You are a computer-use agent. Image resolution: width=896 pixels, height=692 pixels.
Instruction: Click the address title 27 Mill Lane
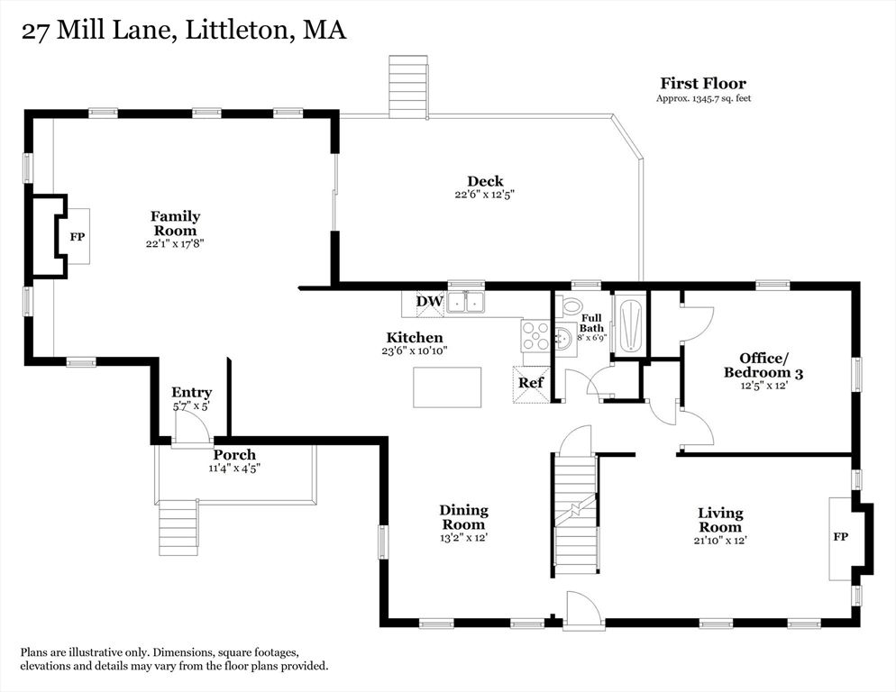[182, 31]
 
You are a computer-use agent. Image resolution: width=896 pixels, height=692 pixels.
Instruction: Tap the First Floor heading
[703, 84]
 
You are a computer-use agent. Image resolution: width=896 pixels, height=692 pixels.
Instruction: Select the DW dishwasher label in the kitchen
[428, 301]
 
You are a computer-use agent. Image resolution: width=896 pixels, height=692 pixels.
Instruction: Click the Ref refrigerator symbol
[530, 383]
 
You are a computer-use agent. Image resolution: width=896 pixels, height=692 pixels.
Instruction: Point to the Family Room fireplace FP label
[78, 237]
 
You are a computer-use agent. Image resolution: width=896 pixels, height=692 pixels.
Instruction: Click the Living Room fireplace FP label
[840, 536]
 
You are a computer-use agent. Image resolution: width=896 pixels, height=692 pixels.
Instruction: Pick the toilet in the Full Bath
[571, 306]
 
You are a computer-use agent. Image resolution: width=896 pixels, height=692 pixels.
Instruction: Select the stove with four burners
[535, 338]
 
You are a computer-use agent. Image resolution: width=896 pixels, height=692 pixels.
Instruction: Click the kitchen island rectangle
[447, 387]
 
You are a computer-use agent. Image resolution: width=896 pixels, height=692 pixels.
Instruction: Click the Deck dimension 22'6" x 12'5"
[484, 195]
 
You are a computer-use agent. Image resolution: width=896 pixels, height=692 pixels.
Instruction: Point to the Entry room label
[191, 393]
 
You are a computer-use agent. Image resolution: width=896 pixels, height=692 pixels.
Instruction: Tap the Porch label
[234, 455]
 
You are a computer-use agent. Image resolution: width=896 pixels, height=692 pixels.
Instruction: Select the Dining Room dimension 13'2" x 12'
[463, 538]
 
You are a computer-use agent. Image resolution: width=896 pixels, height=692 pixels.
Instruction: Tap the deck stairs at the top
[407, 86]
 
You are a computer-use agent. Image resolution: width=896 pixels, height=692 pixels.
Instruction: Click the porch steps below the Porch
[178, 527]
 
